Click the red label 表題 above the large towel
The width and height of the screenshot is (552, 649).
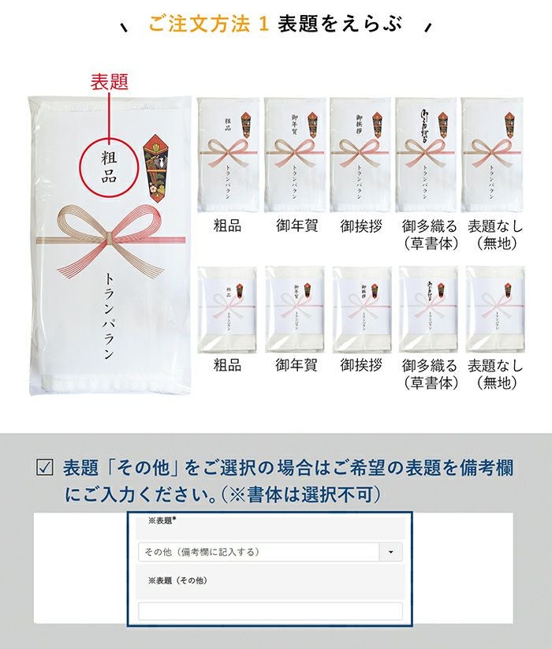click(110, 81)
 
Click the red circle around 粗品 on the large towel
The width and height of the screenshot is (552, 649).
click(110, 165)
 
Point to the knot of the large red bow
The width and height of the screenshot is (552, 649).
click(109, 234)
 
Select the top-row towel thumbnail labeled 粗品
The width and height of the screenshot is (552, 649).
click(228, 155)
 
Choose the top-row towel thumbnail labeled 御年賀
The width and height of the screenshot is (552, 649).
click(294, 155)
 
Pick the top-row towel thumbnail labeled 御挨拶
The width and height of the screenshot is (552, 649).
click(360, 155)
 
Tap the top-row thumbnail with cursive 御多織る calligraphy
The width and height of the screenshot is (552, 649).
click(427, 155)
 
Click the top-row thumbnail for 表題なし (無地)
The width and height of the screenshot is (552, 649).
click(493, 155)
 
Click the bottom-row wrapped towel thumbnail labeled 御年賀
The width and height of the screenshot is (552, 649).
click(294, 308)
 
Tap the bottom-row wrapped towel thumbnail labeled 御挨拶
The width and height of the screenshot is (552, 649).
click(361, 308)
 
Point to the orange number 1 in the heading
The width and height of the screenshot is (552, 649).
click(263, 24)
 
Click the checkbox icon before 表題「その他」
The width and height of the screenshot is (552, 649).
click(45, 468)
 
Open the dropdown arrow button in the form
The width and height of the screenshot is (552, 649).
click(391, 552)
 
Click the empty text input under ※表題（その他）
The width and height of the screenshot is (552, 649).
click(270, 611)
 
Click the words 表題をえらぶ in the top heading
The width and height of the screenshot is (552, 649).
click(340, 24)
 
